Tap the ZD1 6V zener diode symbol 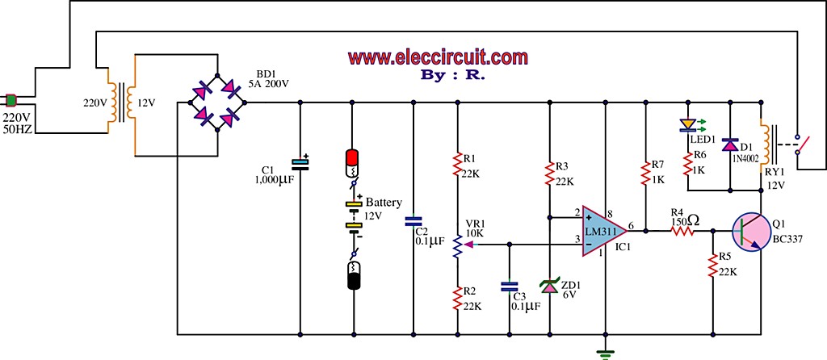tap(550, 287)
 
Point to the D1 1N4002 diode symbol tap(730, 144)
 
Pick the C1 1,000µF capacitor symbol tap(300, 164)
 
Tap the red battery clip tap(352, 165)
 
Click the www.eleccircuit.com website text tap(439, 57)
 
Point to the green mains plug tap(11, 99)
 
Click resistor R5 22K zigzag tap(713, 265)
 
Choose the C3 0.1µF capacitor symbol tap(509, 287)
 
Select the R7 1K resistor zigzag tap(644, 173)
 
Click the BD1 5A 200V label tap(269, 78)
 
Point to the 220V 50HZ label tap(18, 122)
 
